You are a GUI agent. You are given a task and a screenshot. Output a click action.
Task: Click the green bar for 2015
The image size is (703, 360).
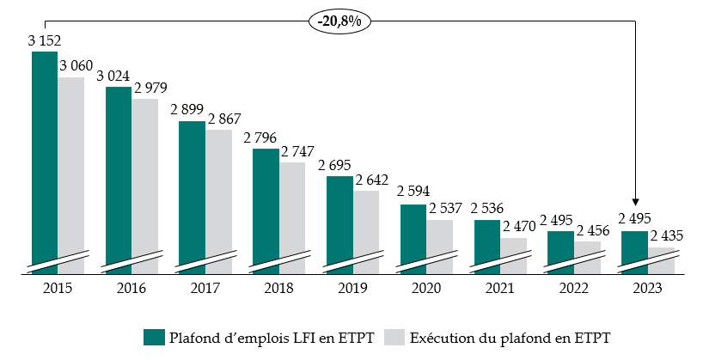point(45,155)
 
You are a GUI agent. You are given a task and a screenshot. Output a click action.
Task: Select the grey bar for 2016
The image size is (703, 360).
point(145,180)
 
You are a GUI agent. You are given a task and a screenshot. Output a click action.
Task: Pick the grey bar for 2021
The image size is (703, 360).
point(513,253)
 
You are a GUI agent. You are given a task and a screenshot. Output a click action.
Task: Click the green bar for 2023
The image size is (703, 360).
point(634,249)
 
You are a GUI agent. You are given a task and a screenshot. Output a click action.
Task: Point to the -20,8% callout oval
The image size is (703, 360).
point(339,20)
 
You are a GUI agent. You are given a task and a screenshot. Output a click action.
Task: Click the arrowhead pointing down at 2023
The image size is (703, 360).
point(634,222)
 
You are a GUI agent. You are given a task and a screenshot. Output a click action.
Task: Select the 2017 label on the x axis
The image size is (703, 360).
point(192,289)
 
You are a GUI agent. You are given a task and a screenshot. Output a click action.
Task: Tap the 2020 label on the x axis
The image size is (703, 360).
point(413,289)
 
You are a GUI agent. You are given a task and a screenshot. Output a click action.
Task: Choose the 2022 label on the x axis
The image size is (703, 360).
point(560,289)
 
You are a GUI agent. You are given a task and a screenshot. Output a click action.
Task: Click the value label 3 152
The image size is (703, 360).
point(44,40)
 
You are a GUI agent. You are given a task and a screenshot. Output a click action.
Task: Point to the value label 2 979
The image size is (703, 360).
point(145,88)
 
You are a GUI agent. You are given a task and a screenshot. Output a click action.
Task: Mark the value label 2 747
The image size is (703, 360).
point(292,151)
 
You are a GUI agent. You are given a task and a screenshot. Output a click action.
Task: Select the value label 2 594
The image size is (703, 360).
point(413,192)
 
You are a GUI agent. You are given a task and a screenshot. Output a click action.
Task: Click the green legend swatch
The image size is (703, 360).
point(154,337)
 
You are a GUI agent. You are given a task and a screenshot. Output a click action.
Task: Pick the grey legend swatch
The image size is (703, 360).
point(393,337)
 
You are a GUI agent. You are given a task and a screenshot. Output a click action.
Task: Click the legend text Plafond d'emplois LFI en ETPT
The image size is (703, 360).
point(272,337)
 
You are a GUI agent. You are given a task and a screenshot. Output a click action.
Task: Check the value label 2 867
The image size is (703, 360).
point(219,119)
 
